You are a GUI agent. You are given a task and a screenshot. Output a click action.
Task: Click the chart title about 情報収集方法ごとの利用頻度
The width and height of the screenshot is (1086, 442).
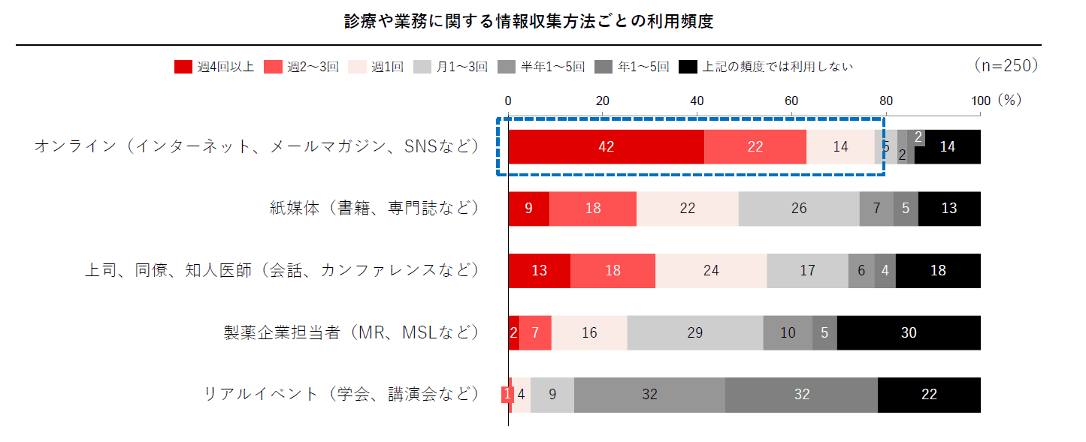pyautogui.click(x=528, y=22)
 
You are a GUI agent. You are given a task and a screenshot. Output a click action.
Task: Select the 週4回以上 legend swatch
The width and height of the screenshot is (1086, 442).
pyautogui.click(x=183, y=67)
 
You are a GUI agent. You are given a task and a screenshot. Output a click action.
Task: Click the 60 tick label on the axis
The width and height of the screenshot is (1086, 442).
pyautogui.click(x=791, y=101)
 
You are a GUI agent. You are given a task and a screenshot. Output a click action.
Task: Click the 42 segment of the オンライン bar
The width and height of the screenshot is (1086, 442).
pyautogui.click(x=607, y=147)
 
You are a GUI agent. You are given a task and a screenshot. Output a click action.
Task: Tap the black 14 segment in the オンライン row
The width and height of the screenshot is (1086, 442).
pyautogui.click(x=947, y=147)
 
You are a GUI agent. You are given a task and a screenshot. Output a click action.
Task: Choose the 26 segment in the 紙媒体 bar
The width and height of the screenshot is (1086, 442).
pyautogui.click(x=799, y=209)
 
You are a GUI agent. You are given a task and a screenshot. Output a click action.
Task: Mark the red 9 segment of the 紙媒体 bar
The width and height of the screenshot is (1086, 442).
pyautogui.click(x=528, y=209)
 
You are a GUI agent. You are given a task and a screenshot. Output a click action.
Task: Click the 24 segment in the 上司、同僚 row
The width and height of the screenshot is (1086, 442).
pyautogui.click(x=711, y=271)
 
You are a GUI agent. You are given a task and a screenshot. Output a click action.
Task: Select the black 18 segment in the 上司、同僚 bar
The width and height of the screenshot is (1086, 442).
pyautogui.click(x=938, y=271)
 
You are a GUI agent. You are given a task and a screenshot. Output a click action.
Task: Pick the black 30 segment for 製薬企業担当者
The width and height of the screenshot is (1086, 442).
pyautogui.click(x=909, y=332)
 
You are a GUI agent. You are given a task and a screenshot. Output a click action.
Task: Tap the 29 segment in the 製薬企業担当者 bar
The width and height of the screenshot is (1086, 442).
pyautogui.click(x=695, y=332)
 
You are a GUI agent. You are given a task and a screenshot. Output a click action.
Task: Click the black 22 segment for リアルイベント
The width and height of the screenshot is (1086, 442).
pyautogui.click(x=929, y=395)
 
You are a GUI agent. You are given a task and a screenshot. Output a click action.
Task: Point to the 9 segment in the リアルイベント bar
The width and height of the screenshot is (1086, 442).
pyautogui.click(x=552, y=395)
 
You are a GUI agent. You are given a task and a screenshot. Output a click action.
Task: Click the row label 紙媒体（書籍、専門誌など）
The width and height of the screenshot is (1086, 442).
pyautogui.click(x=374, y=208)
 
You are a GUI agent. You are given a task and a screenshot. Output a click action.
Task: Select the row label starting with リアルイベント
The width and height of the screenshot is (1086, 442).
pyautogui.click(x=341, y=394)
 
